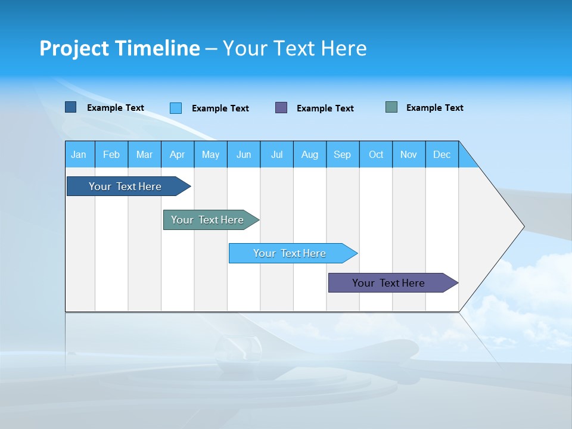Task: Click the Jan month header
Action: click(x=79, y=154)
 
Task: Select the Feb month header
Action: click(x=111, y=154)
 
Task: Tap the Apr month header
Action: click(x=178, y=154)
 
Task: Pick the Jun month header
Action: click(x=244, y=154)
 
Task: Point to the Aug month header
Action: click(x=310, y=154)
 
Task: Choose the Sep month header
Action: click(x=343, y=154)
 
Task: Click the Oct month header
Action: click(x=376, y=154)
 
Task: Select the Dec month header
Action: click(x=442, y=154)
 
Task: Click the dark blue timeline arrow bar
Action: click(x=125, y=186)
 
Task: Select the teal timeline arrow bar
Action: click(x=207, y=220)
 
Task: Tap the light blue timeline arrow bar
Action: click(x=290, y=253)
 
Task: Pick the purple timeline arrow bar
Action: click(x=388, y=283)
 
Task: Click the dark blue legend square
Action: click(x=71, y=107)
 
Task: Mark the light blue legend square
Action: click(x=176, y=108)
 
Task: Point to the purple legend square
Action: click(x=281, y=108)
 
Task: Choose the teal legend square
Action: click(x=391, y=107)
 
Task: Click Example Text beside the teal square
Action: click(x=434, y=108)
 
